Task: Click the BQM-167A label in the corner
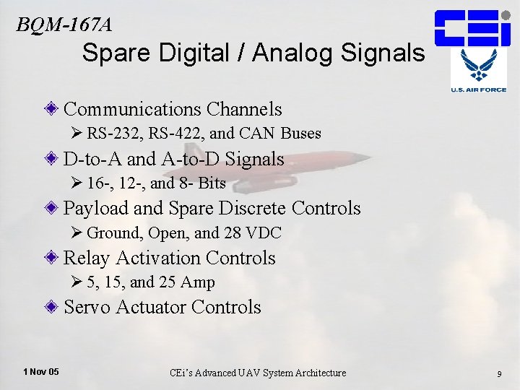tap(64, 25)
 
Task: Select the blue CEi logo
tap(472, 27)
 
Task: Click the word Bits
tap(212, 183)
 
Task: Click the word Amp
tap(199, 282)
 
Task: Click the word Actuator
tap(152, 307)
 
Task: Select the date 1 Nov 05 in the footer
tap(41, 372)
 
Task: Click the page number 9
tap(499, 373)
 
